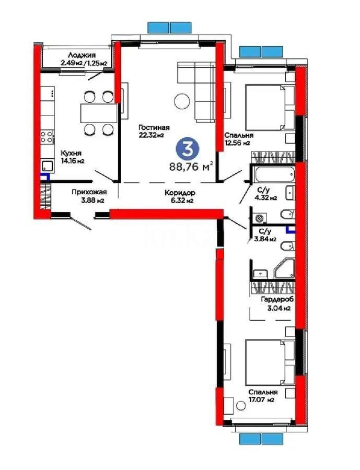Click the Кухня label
[71, 153]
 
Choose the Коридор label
[175, 192]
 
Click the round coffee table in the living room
[182, 101]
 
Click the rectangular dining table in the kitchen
[98, 112]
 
